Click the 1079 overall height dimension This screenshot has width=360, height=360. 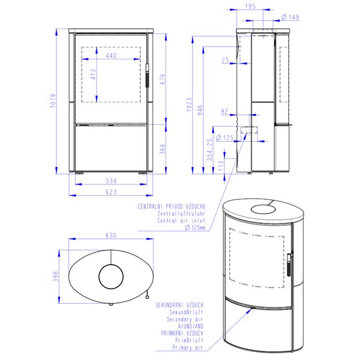[53, 101]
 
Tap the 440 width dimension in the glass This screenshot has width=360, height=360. [111, 55]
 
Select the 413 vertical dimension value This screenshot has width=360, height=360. [93, 74]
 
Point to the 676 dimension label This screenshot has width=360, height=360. [162, 79]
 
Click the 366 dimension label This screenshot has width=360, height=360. [162, 149]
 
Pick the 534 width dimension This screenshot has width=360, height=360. [111, 181]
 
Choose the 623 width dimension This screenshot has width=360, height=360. [111, 192]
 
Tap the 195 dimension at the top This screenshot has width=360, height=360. [250, 6]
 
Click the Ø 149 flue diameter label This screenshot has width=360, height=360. [290, 17]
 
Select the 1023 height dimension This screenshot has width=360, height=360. [189, 105]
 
